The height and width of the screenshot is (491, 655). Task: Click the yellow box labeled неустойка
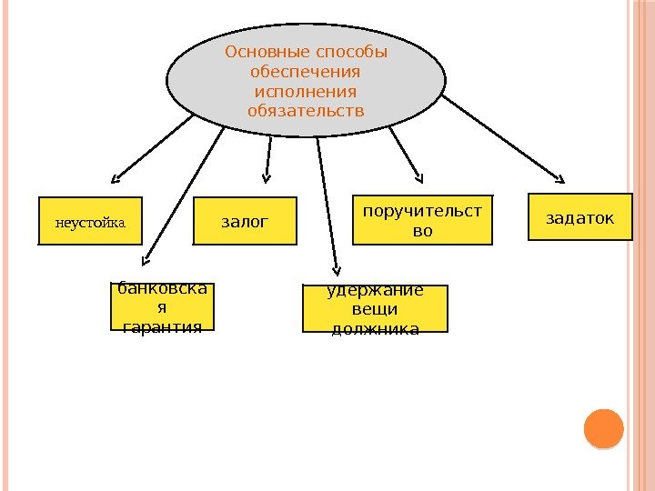click(90, 221)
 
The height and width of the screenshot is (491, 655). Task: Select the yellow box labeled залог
click(246, 221)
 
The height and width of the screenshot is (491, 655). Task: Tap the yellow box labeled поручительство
click(422, 220)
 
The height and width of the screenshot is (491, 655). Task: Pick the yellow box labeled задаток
click(579, 217)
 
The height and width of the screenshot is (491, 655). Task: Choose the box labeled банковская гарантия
click(162, 307)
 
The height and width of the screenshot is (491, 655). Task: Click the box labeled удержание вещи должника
click(375, 308)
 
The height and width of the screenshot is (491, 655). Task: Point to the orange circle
click(602, 428)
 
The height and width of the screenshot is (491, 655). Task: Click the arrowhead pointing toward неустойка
click(116, 177)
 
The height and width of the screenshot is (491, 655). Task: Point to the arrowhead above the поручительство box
click(418, 175)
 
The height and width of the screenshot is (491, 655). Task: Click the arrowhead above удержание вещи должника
click(337, 268)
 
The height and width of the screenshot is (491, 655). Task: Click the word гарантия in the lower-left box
click(162, 326)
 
